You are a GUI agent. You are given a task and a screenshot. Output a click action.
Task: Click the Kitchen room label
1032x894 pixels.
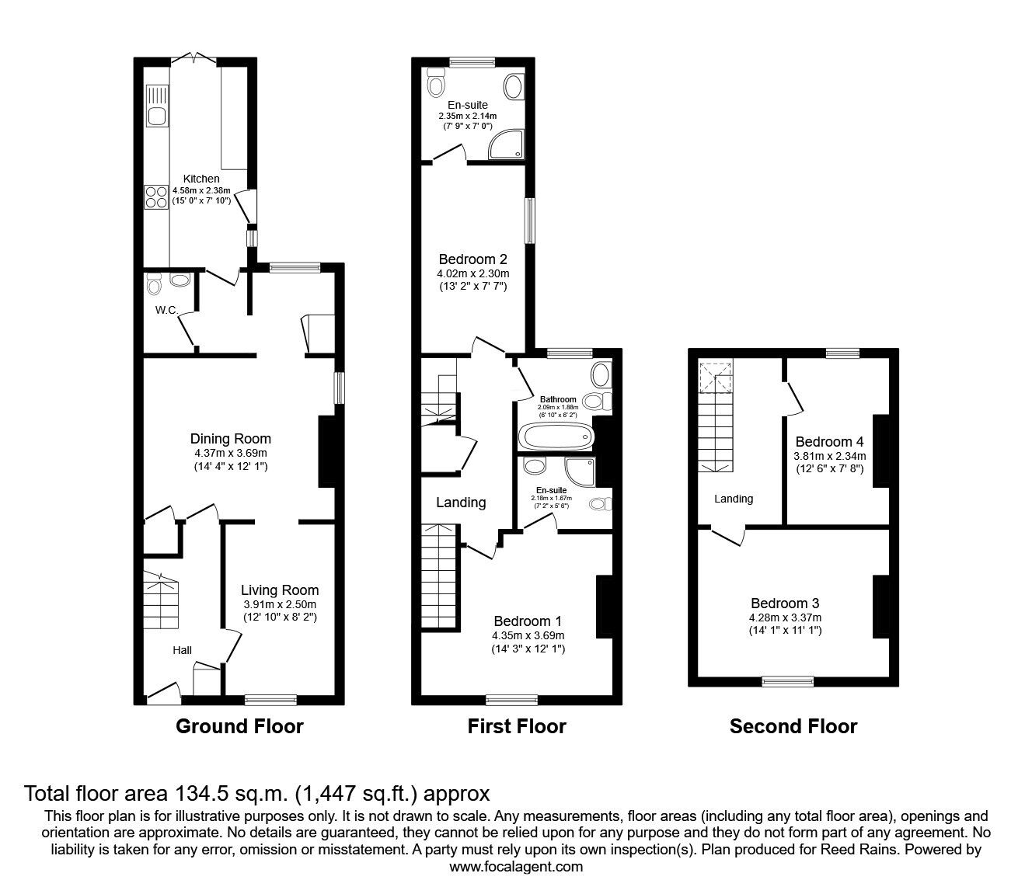(x=201, y=179)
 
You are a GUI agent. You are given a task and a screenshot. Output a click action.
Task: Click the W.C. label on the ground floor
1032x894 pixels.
(x=167, y=311)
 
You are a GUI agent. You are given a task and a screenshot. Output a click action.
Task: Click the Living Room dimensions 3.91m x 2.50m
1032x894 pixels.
(x=279, y=604)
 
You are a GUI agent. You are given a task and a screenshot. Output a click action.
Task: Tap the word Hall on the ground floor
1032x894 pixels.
(x=182, y=650)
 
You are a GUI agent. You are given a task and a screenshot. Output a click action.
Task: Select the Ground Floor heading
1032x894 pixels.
(x=239, y=726)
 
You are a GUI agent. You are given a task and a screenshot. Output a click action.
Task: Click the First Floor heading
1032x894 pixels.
(x=517, y=726)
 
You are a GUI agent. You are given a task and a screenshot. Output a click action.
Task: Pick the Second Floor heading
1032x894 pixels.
(x=793, y=726)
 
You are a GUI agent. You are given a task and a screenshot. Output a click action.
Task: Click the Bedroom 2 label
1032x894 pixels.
(x=472, y=259)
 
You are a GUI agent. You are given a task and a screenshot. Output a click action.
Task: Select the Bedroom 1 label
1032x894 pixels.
(x=528, y=621)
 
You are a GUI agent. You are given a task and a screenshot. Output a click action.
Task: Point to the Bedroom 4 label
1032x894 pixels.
(x=829, y=443)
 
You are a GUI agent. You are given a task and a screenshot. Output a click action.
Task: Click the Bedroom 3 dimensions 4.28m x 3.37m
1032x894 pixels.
(x=785, y=617)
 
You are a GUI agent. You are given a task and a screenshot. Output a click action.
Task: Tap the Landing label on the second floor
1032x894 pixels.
(x=734, y=499)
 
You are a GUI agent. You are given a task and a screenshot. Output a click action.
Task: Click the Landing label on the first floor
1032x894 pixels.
(x=461, y=503)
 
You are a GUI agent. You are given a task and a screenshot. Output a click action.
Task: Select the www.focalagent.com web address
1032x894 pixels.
(x=516, y=867)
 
